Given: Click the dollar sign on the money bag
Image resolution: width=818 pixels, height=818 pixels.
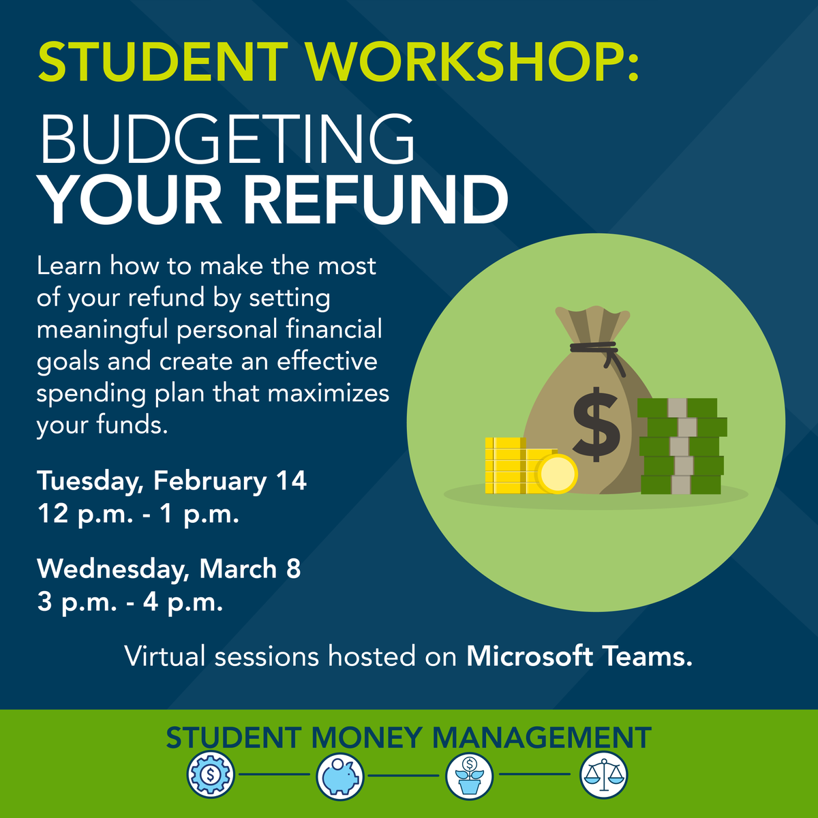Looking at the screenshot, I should pyautogui.click(x=596, y=423).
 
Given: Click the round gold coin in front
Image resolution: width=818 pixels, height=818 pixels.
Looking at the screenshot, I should pyautogui.click(x=556, y=473).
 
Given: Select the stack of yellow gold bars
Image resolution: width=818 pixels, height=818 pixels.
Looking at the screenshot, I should pyautogui.click(x=508, y=466).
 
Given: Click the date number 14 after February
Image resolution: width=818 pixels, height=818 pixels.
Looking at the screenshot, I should pyautogui.click(x=291, y=481).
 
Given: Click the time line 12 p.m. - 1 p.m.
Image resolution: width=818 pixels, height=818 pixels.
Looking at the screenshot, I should pyautogui.click(x=138, y=513).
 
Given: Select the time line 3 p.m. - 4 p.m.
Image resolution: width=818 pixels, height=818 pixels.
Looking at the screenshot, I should pyautogui.click(x=130, y=602).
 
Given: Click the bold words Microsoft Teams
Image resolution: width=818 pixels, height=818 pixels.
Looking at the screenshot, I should pyautogui.click(x=579, y=656).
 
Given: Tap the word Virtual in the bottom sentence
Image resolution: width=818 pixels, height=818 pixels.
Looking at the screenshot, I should pyautogui.click(x=165, y=656).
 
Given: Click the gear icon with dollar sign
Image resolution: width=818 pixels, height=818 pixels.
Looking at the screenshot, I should pyautogui.click(x=211, y=774).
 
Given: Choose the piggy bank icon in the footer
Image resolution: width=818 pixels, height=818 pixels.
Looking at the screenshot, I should pyautogui.click(x=340, y=775).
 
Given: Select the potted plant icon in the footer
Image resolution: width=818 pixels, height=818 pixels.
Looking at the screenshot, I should pyautogui.click(x=470, y=775).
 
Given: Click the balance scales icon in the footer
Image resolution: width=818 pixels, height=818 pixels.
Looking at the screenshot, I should pyautogui.click(x=603, y=774).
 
